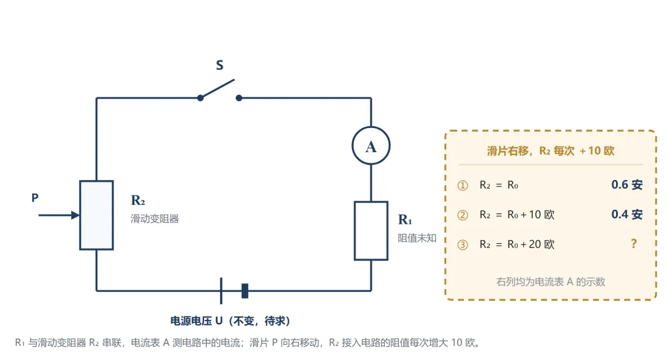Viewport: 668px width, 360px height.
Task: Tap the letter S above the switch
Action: (220, 65)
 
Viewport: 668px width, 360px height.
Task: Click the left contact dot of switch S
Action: (200, 98)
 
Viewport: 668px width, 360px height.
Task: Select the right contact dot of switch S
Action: (239, 98)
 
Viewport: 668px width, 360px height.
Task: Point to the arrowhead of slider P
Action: (75, 215)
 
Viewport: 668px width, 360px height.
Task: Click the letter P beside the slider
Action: (35, 198)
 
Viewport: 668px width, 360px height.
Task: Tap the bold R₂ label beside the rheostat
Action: (138, 200)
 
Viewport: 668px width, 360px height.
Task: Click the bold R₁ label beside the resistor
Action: (405, 220)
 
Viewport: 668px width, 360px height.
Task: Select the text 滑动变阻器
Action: (155, 219)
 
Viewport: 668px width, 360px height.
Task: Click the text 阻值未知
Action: (417, 238)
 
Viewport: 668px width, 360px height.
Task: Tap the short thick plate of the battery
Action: (244, 291)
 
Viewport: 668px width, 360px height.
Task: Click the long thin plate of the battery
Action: (221, 291)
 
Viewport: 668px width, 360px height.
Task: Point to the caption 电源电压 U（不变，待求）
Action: (230, 321)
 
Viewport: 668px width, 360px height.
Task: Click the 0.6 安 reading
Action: (627, 184)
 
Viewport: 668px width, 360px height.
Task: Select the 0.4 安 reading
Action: (627, 214)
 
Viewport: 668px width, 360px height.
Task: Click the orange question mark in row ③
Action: (634, 244)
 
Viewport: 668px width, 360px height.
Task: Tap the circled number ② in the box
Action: (463, 215)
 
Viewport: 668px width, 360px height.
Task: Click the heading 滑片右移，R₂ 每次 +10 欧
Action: (550, 151)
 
